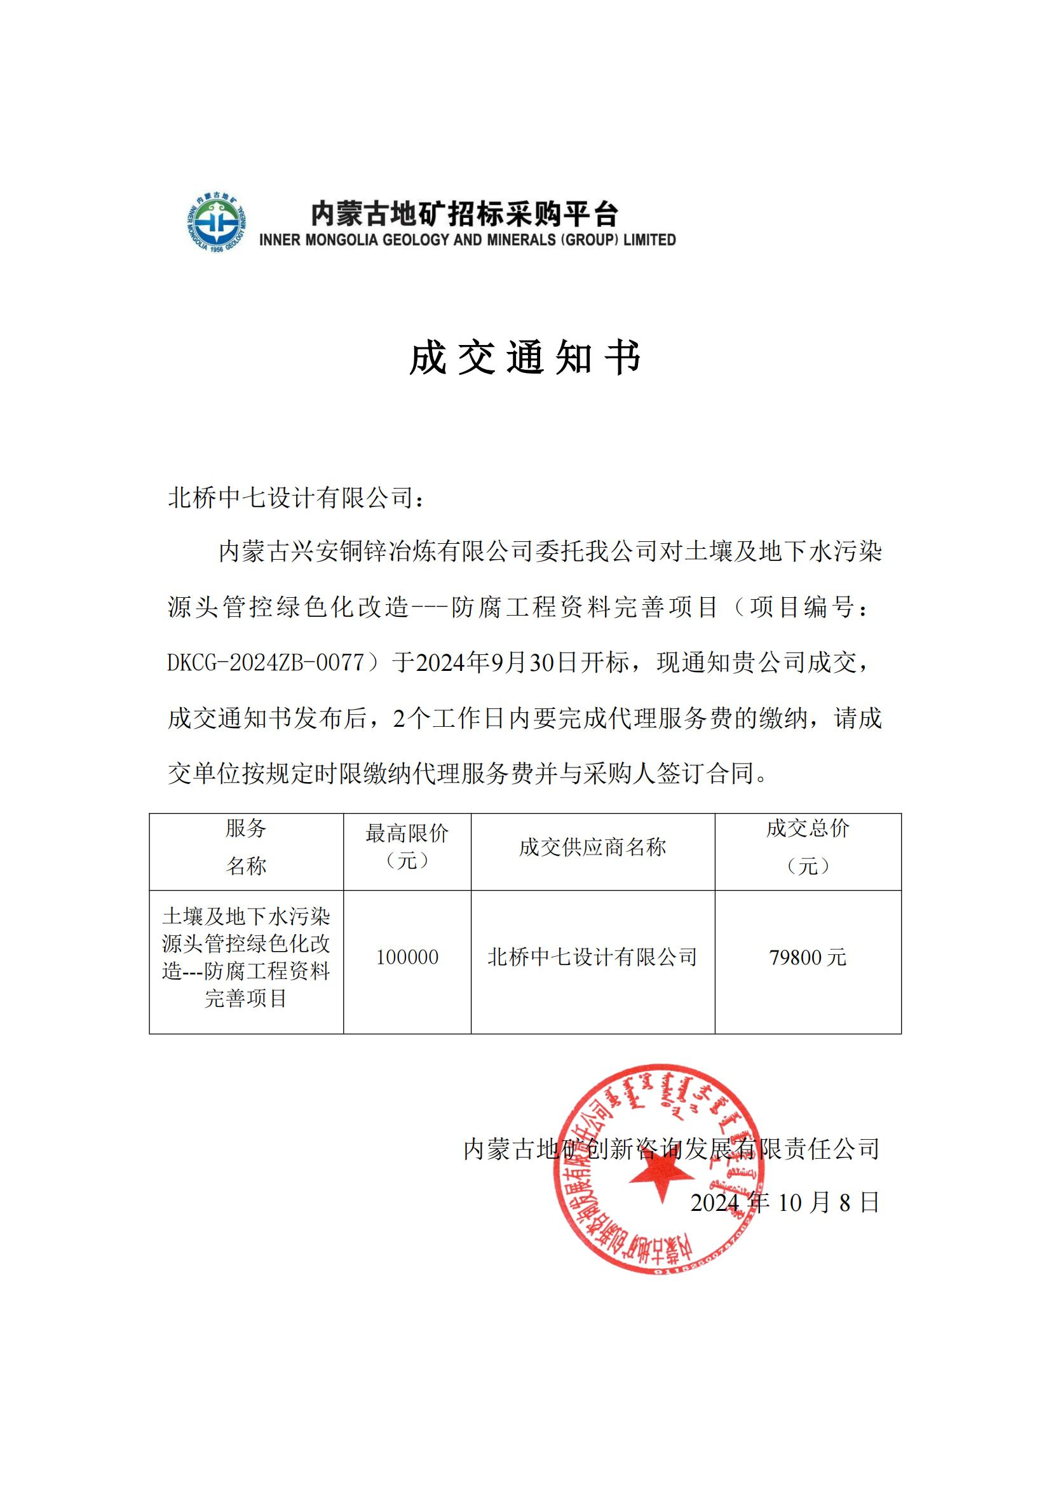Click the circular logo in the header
click(216, 222)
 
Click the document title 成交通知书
click(525, 358)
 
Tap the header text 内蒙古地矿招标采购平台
click(464, 213)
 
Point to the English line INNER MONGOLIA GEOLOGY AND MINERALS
click(467, 240)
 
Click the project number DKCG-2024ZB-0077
click(266, 663)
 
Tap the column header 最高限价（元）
click(407, 846)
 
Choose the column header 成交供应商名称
click(592, 848)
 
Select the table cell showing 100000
click(407, 957)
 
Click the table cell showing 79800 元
click(808, 957)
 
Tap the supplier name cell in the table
click(592, 957)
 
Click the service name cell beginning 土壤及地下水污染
click(246, 957)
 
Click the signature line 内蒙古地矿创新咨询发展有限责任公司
click(672, 1149)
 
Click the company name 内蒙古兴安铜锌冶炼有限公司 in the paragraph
click(375, 552)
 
